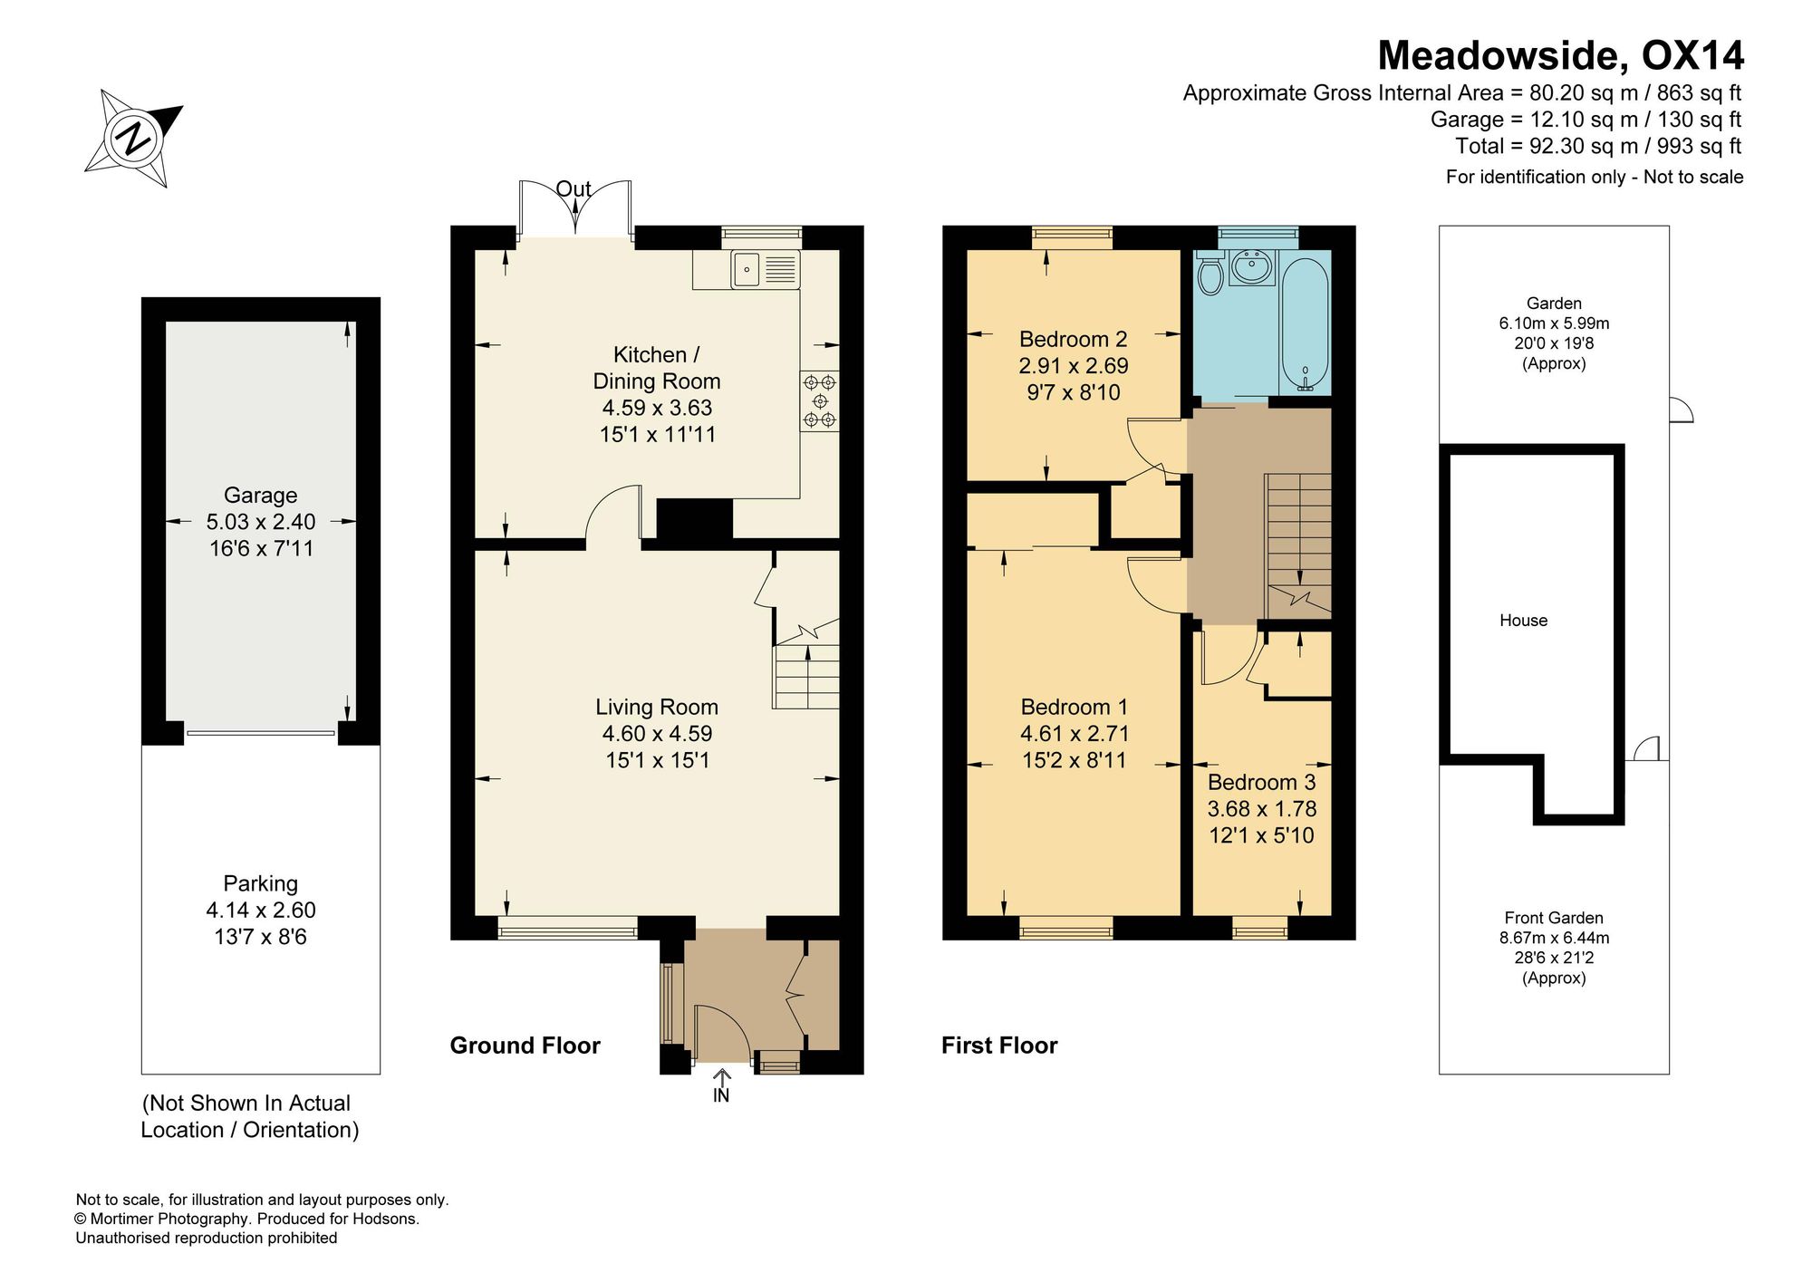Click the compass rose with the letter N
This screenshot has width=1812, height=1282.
[135, 139]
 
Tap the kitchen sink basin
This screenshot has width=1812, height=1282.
[747, 269]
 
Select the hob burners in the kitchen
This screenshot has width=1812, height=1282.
[820, 400]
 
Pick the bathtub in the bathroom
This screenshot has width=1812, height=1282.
[1305, 323]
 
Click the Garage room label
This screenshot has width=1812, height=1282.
[261, 495]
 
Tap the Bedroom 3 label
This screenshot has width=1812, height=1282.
[1262, 782]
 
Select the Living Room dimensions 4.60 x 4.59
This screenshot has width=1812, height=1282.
[658, 734]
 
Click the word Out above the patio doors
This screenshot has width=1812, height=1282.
[573, 189]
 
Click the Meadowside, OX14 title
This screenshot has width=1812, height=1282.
[1560, 55]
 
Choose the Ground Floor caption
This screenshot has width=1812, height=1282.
[525, 1046]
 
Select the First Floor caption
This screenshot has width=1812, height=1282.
[999, 1046]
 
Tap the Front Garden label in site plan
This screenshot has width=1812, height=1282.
[1554, 918]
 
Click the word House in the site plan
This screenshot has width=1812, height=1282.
[1524, 621]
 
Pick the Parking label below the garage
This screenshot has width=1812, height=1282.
[261, 883]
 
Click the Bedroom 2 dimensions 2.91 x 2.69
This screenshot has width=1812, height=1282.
[1075, 366]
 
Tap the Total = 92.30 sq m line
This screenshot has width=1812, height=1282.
[1598, 146]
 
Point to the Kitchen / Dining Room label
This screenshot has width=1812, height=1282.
[657, 368]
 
